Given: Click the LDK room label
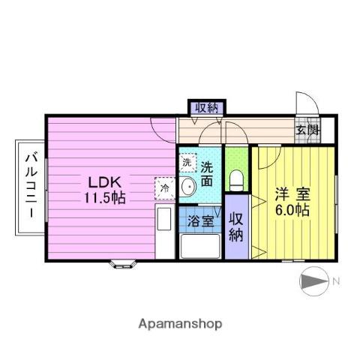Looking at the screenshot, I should pyautogui.click(x=104, y=182).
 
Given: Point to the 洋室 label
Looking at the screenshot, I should pyautogui.click(x=292, y=193).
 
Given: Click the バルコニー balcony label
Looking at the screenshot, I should pyautogui.click(x=31, y=185).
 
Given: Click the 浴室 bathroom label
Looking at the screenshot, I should pyautogui.click(x=199, y=223).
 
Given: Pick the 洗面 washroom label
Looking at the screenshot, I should pyautogui.click(x=207, y=174).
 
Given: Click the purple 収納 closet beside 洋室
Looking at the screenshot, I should pyautogui.click(x=235, y=226).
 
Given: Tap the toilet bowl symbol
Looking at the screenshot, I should pyautogui.click(x=236, y=181).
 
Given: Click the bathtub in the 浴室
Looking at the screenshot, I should pyautogui.click(x=199, y=245).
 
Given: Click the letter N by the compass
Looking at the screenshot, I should pyautogui.click(x=336, y=281).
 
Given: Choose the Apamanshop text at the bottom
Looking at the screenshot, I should pyautogui.click(x=180, y=324).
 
